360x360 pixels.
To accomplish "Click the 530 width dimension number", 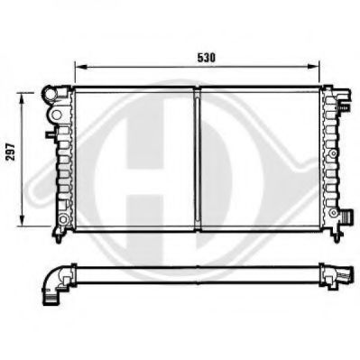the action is point(207,58).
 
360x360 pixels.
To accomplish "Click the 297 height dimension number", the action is point(11,152).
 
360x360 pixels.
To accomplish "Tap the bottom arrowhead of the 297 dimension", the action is point(22,220).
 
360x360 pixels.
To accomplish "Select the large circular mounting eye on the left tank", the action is point(56,114).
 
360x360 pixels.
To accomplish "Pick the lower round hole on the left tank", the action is point(63,219).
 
